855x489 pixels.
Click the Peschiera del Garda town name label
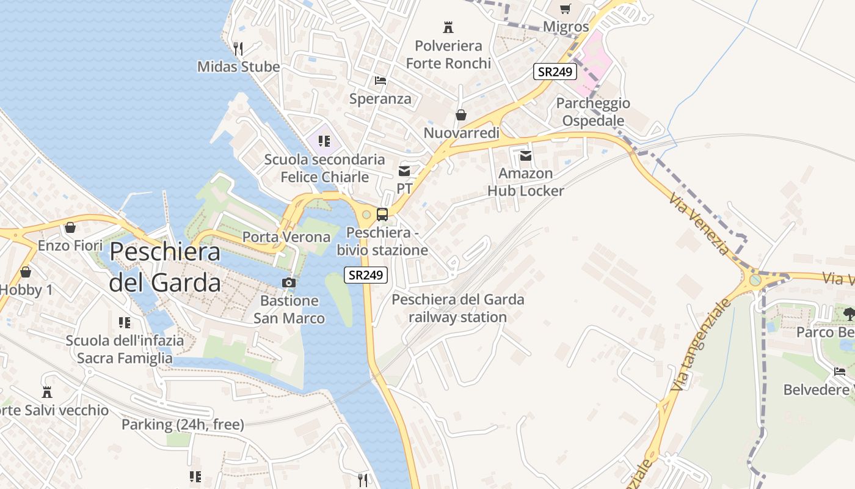165,267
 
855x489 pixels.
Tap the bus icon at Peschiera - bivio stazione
382,215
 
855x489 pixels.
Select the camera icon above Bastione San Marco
289,282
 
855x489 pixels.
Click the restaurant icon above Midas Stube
238,48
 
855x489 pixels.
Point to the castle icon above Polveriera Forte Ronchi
448,27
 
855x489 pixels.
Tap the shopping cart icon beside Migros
566,9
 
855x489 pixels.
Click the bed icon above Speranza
380,81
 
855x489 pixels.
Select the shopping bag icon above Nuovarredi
461,115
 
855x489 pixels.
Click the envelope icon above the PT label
404,171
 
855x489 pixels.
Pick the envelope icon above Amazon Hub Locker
525,156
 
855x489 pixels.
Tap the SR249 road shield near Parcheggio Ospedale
555,72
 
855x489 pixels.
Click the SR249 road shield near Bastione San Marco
366,275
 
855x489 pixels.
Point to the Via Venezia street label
699,224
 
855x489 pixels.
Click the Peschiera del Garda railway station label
457,308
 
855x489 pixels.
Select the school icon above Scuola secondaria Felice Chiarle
324,142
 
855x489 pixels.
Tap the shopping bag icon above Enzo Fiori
70,227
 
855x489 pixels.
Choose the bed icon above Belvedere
840,371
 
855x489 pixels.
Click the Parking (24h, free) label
183,424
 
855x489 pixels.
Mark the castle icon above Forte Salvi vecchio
47,392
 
